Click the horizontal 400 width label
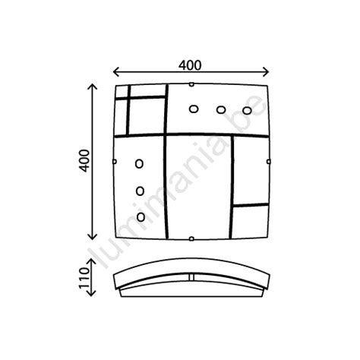pyautogui.click(x=191, y=65)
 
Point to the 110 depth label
pyautogui.click(x=84, y=278)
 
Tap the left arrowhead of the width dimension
pyautogui.click(x=115, y=73)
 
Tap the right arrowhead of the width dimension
pyautogui.click(x=269, y=73)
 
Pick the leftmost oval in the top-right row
pyautogui.click(x=193, y=109)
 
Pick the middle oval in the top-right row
pyautogui.click(x=220, y=109)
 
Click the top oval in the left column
pyautogui.click(x=139, y=164)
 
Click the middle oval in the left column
pyautogui.click(x=141, y=191)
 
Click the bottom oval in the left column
pyautogui.click(x=141, y=217)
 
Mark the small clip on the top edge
pyautogui.click(x=191, y=84)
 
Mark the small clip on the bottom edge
pyautogui.click(x=191, y=240)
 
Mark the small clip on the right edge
pyautogui.click(x=271, y=160)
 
